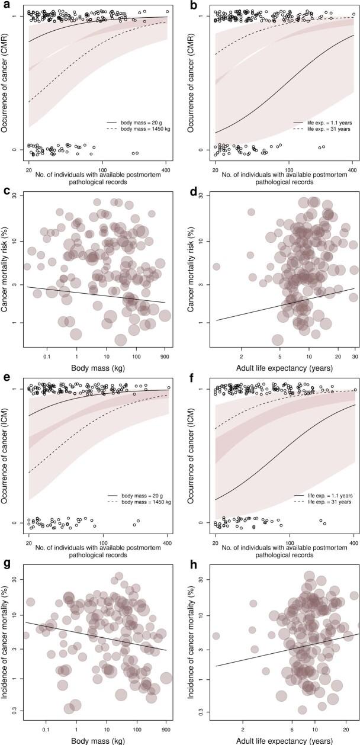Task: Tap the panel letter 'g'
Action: coord(5,564)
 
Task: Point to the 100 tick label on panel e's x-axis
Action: coord(102,535)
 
